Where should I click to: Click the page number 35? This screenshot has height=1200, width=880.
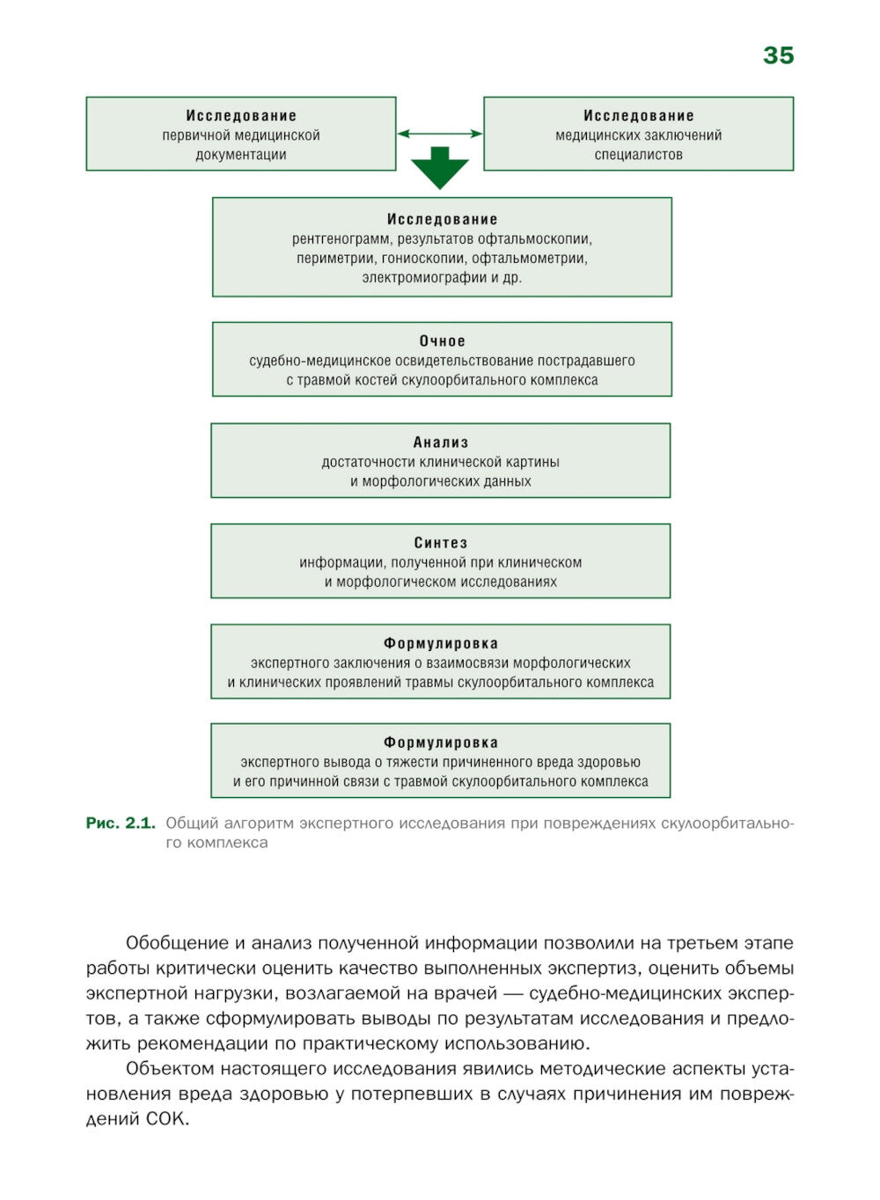click(x=778, y=55)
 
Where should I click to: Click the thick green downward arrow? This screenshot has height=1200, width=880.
click(x=440, y=168)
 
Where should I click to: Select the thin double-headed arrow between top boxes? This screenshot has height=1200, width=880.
click(x=440, y=134)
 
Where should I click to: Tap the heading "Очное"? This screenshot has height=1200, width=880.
click(x=442, y=341)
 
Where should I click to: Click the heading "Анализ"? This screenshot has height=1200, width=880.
click(x=441, y=443)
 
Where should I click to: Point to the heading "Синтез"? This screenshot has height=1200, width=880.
click(x=441, y=543)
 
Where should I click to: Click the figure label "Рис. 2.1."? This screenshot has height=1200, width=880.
click(x=121, y=823)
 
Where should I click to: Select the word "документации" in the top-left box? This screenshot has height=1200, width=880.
click(x=241, y=155)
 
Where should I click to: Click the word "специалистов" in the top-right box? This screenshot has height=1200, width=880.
click(x=638, y=155)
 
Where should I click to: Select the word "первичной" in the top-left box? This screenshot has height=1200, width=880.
click(x=191, y=135)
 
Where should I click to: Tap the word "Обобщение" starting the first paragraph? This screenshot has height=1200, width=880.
click(x=177, y=943)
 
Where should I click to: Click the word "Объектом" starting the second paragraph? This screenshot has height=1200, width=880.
click(x=170, y=1069)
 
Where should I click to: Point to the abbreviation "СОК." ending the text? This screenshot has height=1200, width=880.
click(x=167, y=1120)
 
